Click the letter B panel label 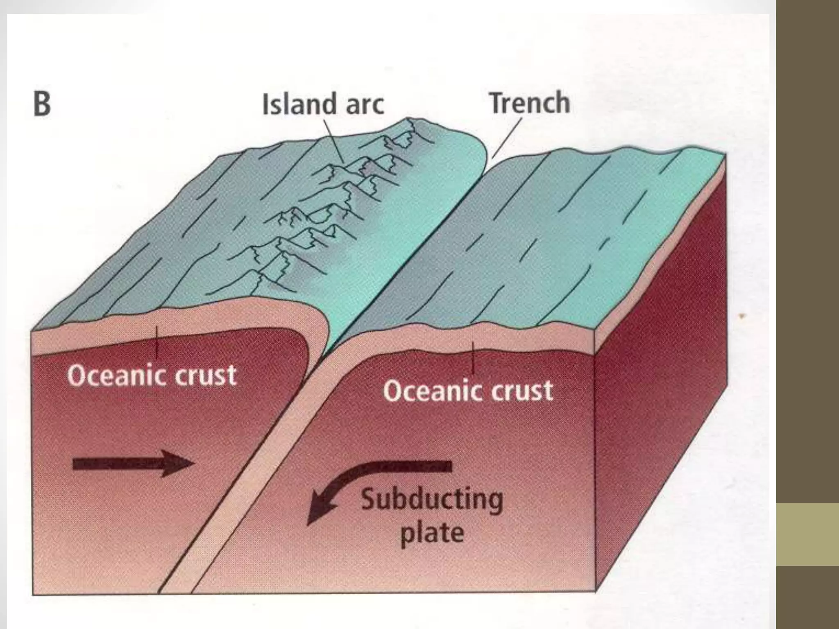[42, 104]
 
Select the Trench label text [530, 103]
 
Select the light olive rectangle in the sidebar [807, 535]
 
